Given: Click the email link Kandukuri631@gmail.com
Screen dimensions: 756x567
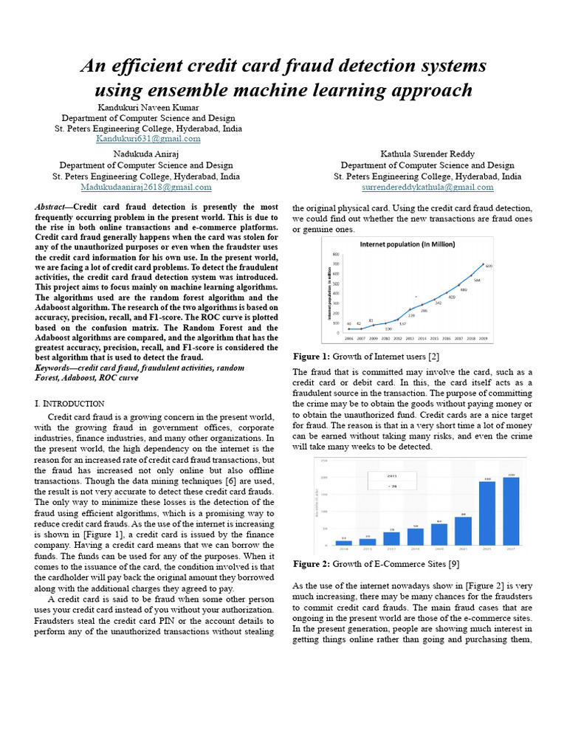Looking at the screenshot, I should (x=148, y=139).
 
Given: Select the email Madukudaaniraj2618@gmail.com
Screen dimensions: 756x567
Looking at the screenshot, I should (x=145, y=188).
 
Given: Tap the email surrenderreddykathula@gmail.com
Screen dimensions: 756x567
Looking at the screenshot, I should (x=427, y=188).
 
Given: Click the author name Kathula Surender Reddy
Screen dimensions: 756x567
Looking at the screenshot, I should (x=427, y=153).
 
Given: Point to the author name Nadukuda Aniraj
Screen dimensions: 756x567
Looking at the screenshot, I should (x=145, y=153).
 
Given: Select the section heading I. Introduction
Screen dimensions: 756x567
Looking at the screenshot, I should (x=69, y=403).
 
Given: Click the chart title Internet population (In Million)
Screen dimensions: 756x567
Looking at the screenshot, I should (x=407, y=244).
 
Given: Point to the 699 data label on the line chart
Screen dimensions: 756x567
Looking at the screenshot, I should (x=488, y=266).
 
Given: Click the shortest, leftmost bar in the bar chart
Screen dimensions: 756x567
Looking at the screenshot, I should (x=343, y=542).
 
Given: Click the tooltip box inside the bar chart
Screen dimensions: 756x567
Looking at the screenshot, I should (x=392, y=481).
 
